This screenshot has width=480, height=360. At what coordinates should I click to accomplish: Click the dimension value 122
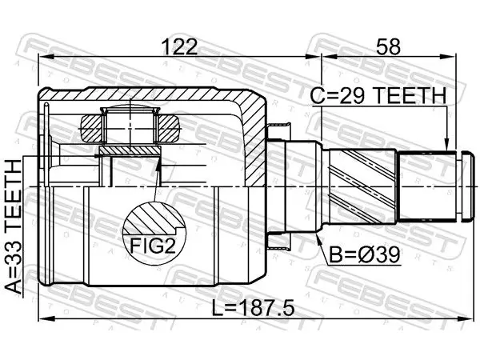[x=180, y=47]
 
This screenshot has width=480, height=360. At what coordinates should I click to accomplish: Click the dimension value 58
[x=388, y=47]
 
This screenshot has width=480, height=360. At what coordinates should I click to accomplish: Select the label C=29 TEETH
[x=378, y=95]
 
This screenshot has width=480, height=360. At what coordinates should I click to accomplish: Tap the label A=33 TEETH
[x=14, y=226]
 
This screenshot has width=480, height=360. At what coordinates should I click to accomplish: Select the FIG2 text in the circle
[x=153, y=246]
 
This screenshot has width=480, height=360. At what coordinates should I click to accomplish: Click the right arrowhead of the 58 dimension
[x=448, y=57]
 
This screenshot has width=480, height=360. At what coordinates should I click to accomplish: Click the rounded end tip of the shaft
[x=467, y=186]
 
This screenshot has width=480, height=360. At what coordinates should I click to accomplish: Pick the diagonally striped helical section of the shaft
[x=362, y=186]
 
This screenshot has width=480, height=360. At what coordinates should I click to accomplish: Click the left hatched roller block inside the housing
[x=91, y=128]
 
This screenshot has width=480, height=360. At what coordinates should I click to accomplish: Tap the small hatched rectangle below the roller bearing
[x=130, y=150]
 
